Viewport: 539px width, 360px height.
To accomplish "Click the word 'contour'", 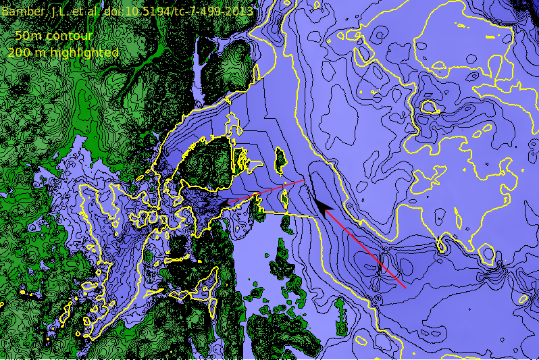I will pos(70,36).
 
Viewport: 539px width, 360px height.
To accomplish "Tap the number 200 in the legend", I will pos(20,53).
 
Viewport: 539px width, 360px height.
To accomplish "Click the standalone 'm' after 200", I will pos(41,53).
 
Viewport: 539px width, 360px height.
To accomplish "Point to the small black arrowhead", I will pos(223,204).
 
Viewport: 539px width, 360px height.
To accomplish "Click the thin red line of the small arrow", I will pos(263,192).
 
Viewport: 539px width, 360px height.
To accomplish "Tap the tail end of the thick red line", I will pos(405,287).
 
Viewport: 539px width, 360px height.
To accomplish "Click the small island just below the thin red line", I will pos(284,199).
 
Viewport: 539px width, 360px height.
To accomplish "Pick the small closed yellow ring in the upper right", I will pos(428,107).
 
